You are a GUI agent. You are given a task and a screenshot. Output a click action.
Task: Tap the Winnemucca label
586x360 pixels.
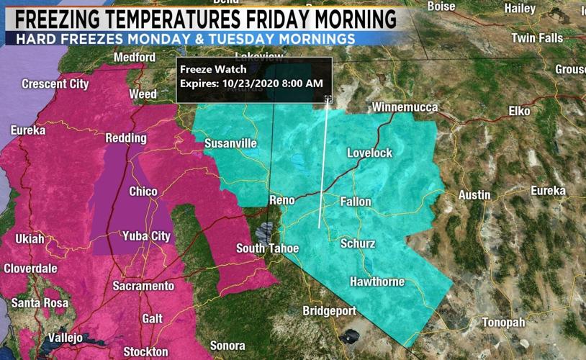405,107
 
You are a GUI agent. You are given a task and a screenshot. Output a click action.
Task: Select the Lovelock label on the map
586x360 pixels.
369,153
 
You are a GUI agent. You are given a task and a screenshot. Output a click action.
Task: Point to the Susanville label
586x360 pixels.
230,143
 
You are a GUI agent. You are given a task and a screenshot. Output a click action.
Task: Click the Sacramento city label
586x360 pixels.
143,286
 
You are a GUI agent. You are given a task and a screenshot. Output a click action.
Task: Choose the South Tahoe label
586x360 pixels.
268,248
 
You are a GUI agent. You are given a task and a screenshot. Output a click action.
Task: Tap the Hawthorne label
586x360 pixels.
377,282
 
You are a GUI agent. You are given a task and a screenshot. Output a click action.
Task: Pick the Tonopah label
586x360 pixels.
503,322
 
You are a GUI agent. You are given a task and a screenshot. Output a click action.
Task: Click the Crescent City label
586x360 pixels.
55,84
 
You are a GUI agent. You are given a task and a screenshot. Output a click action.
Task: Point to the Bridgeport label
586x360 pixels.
329,311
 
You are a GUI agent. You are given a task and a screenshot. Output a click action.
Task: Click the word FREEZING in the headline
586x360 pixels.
77,17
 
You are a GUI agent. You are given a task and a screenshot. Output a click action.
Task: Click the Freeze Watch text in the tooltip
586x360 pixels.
213,70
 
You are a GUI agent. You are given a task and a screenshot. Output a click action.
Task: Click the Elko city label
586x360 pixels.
519,111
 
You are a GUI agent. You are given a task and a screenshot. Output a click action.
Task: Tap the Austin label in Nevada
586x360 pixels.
474,194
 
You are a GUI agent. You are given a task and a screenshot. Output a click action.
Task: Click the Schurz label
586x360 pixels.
358,243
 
